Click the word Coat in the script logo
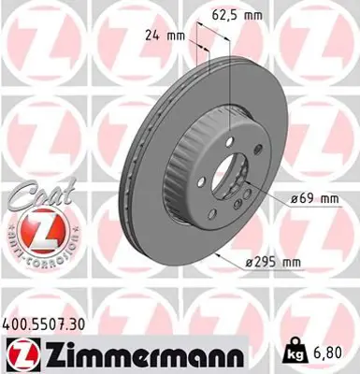click(x=36, y=194)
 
